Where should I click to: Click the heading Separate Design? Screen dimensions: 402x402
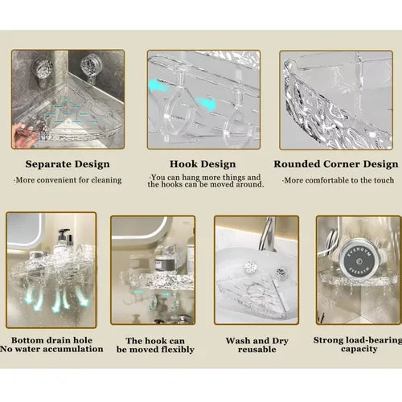pyautogui.click(x=68, y=164)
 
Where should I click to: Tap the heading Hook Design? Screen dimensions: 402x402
pyautogui.click(x=203, y=164)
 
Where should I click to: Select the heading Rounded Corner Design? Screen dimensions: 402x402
pyautogui.click(x=336, y=164)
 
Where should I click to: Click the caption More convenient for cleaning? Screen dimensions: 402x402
pyautogui.click(x=68, y=180)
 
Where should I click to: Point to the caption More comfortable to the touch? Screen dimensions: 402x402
pyautogui.click(x=338, y=180)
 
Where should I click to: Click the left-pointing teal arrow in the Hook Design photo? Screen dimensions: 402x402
pyautogui.click(x=158, y=85)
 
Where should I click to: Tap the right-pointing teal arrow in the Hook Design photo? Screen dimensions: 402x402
pyautogui.click(x=206, y=104)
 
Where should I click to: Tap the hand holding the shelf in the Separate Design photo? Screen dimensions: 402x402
pyautogui.click(x=26, y=134)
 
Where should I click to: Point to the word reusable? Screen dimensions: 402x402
pyautogui.click(x=257, y=350)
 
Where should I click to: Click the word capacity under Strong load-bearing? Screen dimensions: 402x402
pyautogui.click(x=359, y=349)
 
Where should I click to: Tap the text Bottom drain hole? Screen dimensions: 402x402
pyautogui.click(x=51, y=340)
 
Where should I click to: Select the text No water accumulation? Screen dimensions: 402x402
pyautogui.click(x=51, y=349)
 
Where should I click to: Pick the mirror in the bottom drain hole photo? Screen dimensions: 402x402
pyautogui.click(x=25, y=231)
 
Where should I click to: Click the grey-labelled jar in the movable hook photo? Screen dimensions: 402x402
pyautogui.click(x=163, y=265)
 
